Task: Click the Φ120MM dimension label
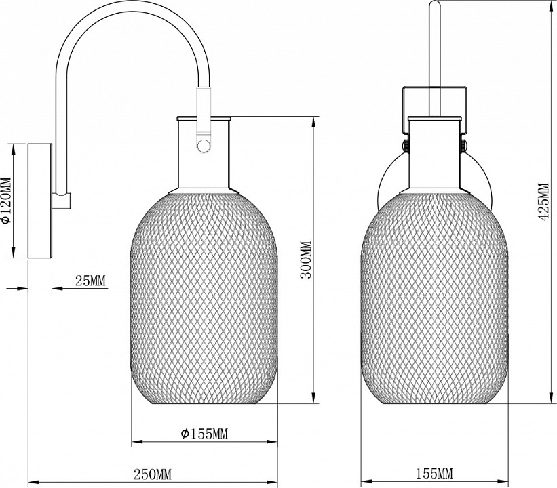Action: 6,201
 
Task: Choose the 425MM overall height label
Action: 542,207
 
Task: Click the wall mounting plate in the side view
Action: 38,201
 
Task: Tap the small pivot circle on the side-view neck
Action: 202,144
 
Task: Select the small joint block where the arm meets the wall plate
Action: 63,200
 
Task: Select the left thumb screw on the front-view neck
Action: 404,146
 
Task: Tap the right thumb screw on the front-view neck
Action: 465,146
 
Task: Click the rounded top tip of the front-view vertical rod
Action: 435,5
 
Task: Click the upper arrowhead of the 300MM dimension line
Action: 313,123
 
